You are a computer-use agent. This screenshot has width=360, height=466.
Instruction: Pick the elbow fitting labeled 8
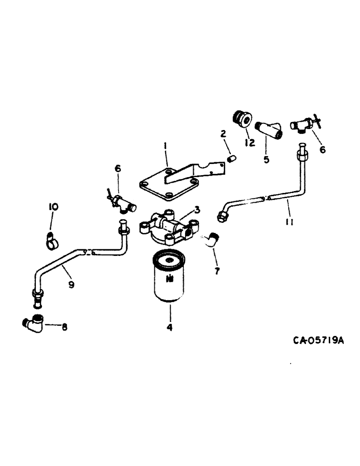coord(34,322)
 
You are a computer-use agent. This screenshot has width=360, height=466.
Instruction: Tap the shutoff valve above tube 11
coord(302,124)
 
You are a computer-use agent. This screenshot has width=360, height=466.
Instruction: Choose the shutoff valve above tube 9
coord(120,202)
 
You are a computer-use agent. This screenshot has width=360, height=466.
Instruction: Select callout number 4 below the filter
coord(170,328)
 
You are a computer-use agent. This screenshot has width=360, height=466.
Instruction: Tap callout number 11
coord(289,222)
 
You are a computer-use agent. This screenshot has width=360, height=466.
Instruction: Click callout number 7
coord(216,270)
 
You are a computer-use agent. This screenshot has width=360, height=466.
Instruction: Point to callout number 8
coord(64,327)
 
